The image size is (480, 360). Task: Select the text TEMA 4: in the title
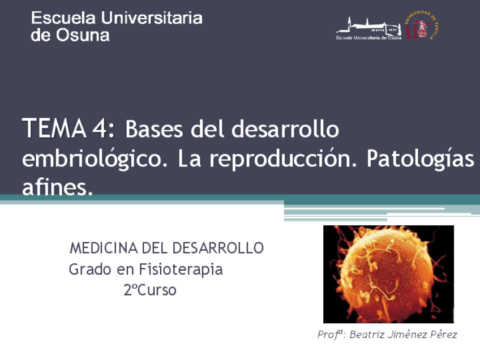click(68, 129)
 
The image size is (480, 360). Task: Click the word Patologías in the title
click(420, 159)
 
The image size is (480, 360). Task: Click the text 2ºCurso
click(150, 290)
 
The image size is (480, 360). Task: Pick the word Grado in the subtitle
click(90, 269)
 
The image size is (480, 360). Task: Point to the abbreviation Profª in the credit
click(330, 335)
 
